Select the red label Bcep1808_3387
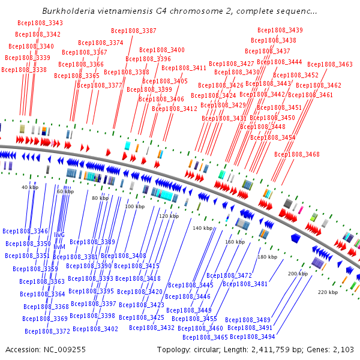coord(134,31)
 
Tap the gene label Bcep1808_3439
coord(280,30)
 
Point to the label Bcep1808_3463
coord(330,64)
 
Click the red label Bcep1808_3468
coord(297,155)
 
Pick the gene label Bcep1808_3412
coord(175,109)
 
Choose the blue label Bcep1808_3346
coord(25,231)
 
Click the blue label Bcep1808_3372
coord(47,331)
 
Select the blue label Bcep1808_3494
coord(252,337)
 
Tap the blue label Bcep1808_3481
coord(245,284)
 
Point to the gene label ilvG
coord(59,235)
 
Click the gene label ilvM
coord(59,247)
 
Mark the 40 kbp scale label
coord(29,187)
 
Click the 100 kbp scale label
coord(134,206)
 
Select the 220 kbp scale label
coord(328,292)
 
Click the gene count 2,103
coord(343,349)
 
